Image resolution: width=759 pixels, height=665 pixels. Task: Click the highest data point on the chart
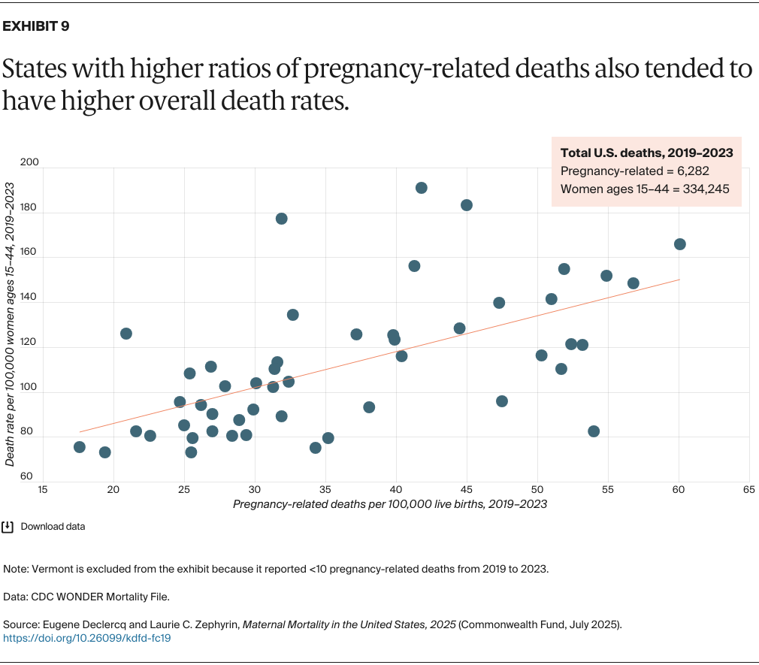pos(422,188)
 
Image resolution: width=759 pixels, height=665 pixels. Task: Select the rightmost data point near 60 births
pos(680,244)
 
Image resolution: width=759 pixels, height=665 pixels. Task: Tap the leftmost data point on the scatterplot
pos(80,447)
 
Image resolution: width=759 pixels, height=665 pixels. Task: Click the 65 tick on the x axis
pos(748,489)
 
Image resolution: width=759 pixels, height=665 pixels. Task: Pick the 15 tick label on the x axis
pos(43,489)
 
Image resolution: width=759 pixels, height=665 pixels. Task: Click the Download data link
pos(53,527)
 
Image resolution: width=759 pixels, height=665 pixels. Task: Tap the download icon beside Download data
pos(8,527)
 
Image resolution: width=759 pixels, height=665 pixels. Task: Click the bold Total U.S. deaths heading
pos(646,153)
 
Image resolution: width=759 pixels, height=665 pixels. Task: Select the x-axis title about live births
pos(389,504)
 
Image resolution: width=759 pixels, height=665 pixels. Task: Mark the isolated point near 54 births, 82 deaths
pos(594,431)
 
